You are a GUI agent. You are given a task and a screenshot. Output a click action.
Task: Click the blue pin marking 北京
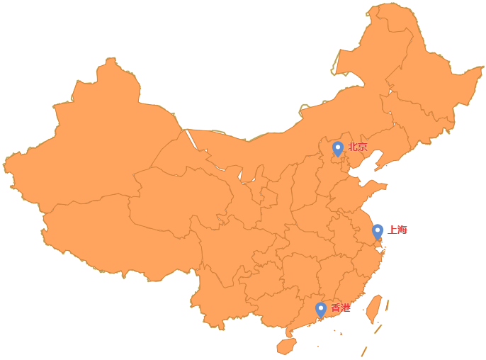coord(338,148)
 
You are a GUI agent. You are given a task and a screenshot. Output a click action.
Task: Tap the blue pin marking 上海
coord(378,230)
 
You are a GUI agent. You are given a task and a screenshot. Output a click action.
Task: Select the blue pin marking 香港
coord(321,309)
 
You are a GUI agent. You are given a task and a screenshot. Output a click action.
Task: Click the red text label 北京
coord(358,147)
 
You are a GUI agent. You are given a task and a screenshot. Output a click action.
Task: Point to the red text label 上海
coord(397,230)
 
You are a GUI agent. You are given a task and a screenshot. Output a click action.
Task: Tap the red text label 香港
coord(341,308)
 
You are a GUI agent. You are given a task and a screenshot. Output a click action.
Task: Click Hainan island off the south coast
coord(286,347)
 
